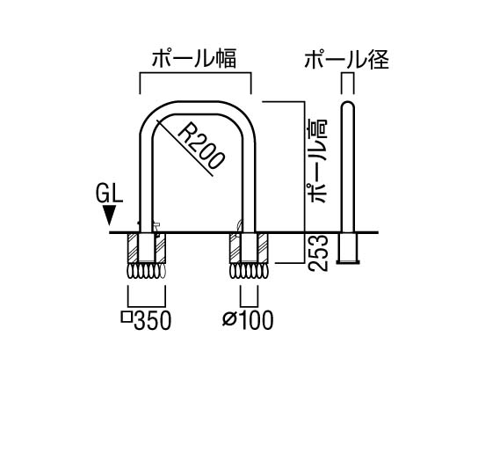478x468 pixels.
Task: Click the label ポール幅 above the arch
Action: coord(194,59)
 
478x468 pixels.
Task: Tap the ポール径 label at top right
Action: coord(347,59)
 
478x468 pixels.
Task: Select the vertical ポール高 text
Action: coord(317,161)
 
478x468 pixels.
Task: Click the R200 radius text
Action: coord(200,145)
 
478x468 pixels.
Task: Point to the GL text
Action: coord(109,194)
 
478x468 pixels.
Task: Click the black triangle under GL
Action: coord(109,216)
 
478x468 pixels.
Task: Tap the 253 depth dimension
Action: coord(318,252)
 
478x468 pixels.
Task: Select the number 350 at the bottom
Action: coord(152,320)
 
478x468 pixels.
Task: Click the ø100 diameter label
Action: coord(248,320)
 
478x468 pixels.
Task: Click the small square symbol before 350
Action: coord(127,318)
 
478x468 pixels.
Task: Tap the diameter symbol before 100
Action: coord(229,320)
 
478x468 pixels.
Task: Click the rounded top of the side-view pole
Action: coord(347,106)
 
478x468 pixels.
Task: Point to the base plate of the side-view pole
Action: coord(348,262)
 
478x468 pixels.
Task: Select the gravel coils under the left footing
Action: coord(147,271)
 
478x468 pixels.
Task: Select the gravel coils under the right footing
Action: coord(249,271)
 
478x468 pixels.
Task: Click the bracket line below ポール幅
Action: coord(195,73)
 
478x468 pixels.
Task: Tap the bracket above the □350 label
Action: coord(147,306)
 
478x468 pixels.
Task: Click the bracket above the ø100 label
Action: coord(249,306)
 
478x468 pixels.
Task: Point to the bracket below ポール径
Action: coord(347,73)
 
